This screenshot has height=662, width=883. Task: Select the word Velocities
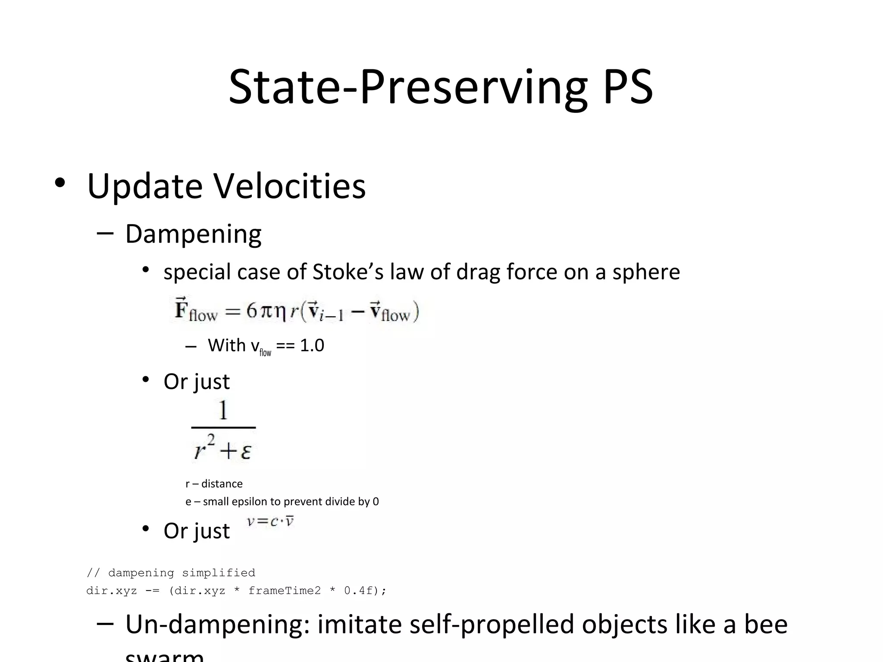click(x=290, y=186)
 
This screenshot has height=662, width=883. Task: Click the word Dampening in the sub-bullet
click(x=193, y=234)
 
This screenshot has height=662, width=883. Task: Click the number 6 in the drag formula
click(x=252, y=310)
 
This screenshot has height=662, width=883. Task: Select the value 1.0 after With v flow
click(x=312, y=345)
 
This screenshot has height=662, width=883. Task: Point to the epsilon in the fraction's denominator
click(x=246, y=452)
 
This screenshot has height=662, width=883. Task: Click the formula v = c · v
click(x=270, y=521)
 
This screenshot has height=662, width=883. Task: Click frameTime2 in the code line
click(x=285, y=590)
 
